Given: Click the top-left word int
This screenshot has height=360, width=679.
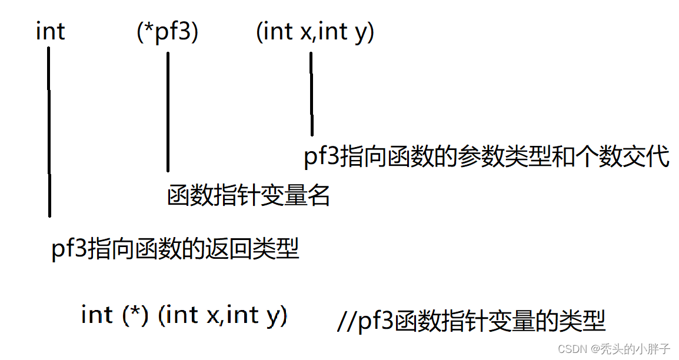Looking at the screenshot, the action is tap(50, 32).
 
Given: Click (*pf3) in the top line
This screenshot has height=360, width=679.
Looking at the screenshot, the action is tap(167, 32).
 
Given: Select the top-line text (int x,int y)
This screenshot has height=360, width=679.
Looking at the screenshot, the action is tap(315, 32).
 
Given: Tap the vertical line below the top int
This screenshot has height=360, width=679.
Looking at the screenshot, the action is tap(49, 132).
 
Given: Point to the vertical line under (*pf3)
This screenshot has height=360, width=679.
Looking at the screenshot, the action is tap(168, 112).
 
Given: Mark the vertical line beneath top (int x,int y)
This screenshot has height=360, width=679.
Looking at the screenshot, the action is tap(311, 94).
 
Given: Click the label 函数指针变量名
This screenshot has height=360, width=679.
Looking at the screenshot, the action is tap(248, 195).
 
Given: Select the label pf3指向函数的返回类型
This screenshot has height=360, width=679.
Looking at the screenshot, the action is tap(175, 249).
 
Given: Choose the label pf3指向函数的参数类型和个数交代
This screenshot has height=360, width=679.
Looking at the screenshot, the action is tap(486, 157).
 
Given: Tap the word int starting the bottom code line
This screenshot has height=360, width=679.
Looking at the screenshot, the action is tap(96, 315).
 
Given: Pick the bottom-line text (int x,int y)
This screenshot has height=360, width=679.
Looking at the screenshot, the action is tap(223, 316).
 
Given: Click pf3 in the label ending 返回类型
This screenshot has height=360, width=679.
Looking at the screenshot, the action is tap(69, 250).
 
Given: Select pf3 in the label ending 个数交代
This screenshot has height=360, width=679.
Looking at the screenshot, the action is tap(321, 158).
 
